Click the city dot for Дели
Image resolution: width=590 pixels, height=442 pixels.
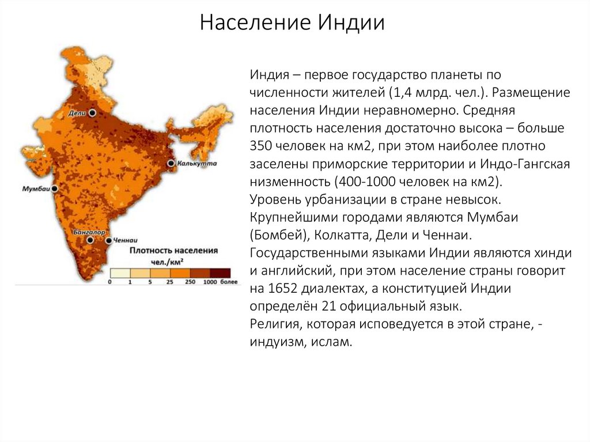pyautogui.click(x=92, y=114)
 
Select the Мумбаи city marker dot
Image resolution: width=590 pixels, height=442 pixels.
pyautogui.click(x=55, y=188)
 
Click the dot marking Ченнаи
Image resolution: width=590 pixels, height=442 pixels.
pyautogui.click(x=109, y=239)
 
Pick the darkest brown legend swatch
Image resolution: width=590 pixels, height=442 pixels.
pyautogui.click(x=220, y=273)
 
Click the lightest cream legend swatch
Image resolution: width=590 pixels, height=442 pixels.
pyautogui.click(x=120, y=273)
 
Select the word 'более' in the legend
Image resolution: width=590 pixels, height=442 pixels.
pyautogui.click(x=228, y=283)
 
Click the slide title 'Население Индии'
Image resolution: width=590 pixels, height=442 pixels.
pyautogui.click(x=292, y=24)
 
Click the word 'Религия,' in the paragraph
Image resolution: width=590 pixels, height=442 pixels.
pyautogui.click(x=273, y=324)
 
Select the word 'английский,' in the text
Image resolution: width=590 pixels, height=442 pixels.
pyautogui.click(x=293, y=271)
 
